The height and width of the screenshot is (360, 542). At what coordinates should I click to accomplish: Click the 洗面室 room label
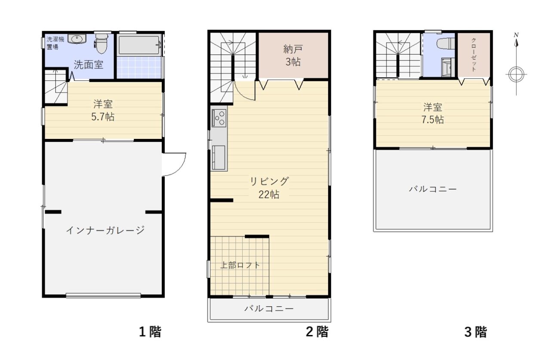89,65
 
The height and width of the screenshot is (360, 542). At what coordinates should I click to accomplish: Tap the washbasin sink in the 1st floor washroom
77,39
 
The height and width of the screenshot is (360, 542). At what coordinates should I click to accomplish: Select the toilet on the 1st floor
101,44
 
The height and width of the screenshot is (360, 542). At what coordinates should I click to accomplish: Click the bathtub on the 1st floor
139,45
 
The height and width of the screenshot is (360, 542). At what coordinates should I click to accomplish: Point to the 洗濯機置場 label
55,43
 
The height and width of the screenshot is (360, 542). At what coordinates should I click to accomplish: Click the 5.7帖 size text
103,117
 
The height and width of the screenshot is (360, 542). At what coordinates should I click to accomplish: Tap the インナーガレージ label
105,230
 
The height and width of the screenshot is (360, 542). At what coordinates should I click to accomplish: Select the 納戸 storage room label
293,49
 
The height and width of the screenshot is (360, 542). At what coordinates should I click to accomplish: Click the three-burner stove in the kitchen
219,118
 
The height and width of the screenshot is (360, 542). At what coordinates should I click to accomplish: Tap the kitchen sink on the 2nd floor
219,157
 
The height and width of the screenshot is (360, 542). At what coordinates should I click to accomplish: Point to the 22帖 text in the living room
269,194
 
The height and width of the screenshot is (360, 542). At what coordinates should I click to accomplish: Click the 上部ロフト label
240,265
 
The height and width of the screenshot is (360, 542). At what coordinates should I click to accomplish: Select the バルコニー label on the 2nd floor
269,308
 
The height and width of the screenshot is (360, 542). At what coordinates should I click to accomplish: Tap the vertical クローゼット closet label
474,55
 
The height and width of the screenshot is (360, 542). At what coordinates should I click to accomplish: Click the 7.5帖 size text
433,120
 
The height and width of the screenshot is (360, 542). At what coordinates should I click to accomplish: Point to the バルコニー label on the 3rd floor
433,189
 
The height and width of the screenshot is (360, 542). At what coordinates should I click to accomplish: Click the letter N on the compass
516,35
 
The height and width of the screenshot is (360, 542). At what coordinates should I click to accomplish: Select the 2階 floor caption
317,332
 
